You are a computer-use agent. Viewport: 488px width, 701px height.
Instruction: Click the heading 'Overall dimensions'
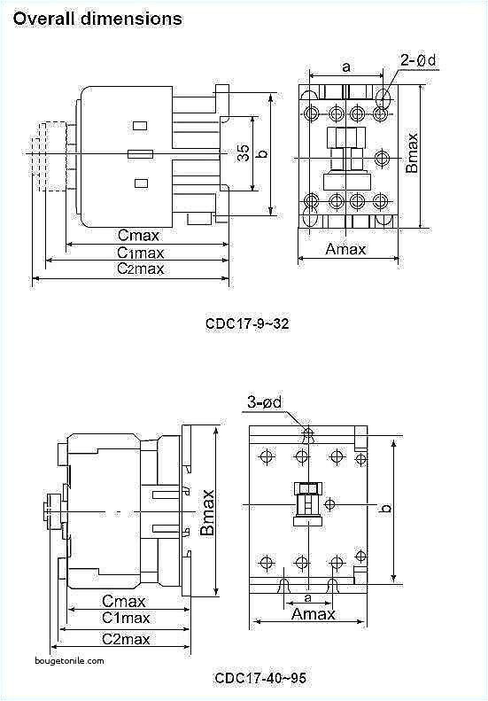tap(97, 18)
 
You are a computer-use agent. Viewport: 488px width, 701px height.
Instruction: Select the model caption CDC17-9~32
tap(247, 323)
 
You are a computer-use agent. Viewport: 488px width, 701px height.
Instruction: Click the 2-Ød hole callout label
tap(417, 60)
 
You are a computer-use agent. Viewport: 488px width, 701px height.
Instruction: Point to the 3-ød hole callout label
tap(264, 404)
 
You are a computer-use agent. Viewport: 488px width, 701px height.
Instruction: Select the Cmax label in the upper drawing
tap(139, 235)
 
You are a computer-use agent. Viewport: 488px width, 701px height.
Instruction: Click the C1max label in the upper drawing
tap(140, 252)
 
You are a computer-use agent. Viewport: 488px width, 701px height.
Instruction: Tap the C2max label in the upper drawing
tap(140, 269)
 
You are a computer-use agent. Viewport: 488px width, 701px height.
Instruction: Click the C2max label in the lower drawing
tap(124, 638)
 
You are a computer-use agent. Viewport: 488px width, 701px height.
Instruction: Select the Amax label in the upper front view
tap(345, 249)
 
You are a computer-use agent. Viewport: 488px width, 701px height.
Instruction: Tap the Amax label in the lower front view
tap(314, 614)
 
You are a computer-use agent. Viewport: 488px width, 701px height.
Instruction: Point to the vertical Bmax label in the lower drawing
tap(207, 512)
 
